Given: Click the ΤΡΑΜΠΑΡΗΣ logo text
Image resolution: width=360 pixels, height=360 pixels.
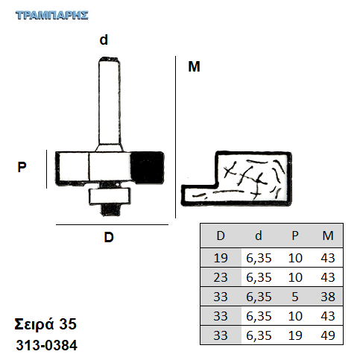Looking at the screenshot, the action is point(52,15).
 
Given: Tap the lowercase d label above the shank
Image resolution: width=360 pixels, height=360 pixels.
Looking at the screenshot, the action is point(104,40).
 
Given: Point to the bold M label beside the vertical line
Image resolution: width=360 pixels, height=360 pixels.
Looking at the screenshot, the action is point(194,66).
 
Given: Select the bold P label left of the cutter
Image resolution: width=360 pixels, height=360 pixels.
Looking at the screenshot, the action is point(22,167).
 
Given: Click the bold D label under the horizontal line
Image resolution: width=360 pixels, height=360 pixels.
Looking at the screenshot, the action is point(109,237).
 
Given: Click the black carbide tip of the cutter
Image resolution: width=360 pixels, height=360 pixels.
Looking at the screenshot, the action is point(147,168).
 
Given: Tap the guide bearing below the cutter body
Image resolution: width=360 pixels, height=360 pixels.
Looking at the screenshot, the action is point(110,196).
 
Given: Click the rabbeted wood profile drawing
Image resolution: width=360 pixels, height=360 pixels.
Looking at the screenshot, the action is point(236,178).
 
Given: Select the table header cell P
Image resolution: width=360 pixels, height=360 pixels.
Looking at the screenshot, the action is point(295,236).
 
